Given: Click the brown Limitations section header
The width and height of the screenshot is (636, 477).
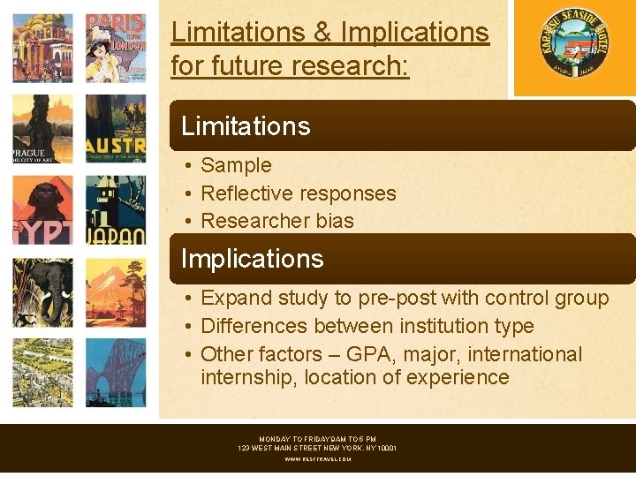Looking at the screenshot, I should (402, 125).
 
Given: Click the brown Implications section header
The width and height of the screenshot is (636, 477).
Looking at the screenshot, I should (402, 259).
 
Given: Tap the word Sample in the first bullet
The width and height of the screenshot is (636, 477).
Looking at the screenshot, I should (236, 165).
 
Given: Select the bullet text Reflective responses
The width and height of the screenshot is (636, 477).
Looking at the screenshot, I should (299, 193).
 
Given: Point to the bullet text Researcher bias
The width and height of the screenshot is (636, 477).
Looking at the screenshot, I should (277, 221).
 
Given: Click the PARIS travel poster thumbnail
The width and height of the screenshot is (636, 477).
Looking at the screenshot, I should (115, 45).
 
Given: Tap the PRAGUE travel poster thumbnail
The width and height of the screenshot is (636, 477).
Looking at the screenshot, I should (42, 129).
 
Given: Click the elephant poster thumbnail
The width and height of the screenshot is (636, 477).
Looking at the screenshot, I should (42, 292).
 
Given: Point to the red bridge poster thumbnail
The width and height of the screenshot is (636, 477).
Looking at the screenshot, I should (115, 374).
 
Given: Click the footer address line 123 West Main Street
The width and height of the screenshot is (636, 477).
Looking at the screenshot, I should (317, 449).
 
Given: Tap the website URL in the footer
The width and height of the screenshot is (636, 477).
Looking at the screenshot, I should (317, 459).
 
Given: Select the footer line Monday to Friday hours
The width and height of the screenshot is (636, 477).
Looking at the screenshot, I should (317, 439).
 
